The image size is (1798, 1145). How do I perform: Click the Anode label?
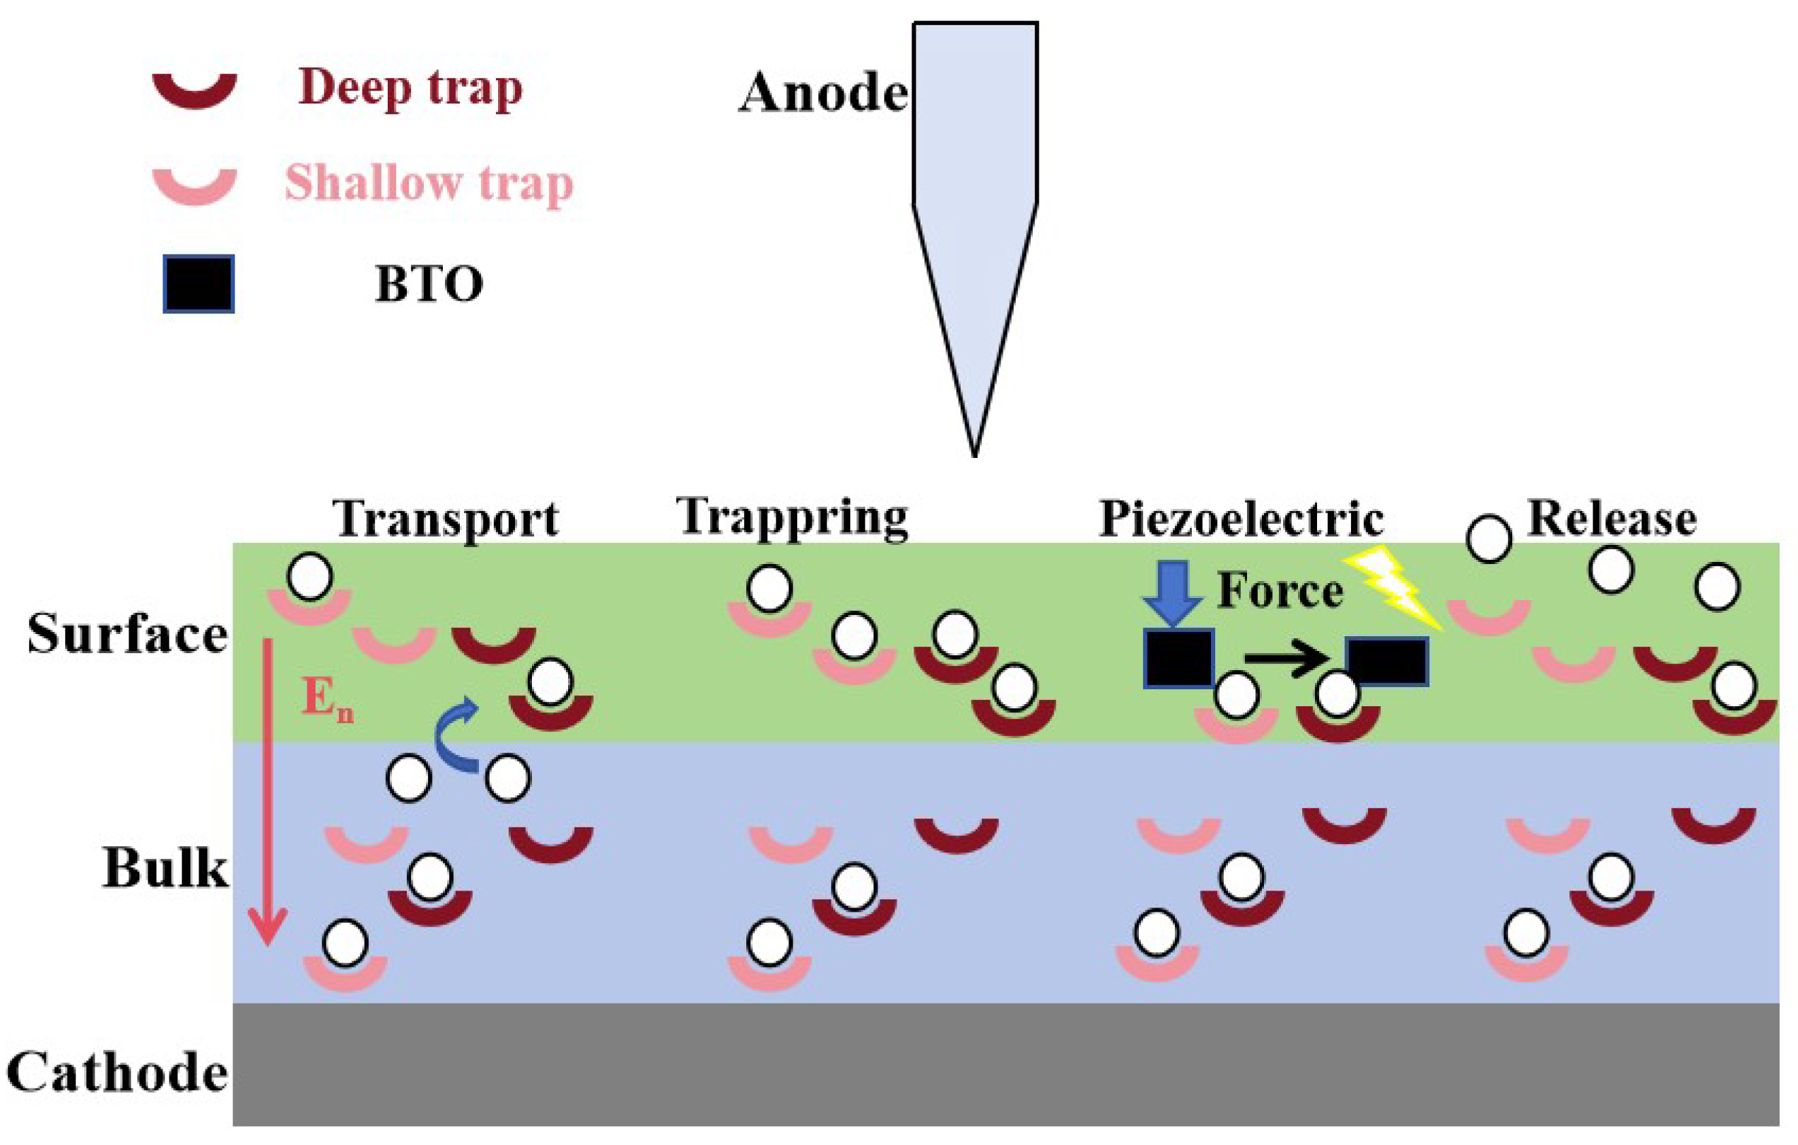(823, 94)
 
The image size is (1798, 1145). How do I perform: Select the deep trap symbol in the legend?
(194, 90)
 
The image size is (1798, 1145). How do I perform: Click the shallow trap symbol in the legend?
(194, 186)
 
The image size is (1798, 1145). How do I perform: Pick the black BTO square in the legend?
(199, 284)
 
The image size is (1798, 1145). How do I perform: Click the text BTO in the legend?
(429, 284)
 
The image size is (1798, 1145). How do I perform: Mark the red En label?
(327, 702)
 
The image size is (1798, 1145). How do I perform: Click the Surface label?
(127, 635)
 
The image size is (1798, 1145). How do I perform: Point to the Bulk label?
(164, 869)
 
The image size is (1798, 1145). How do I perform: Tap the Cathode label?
(117, 1074)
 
